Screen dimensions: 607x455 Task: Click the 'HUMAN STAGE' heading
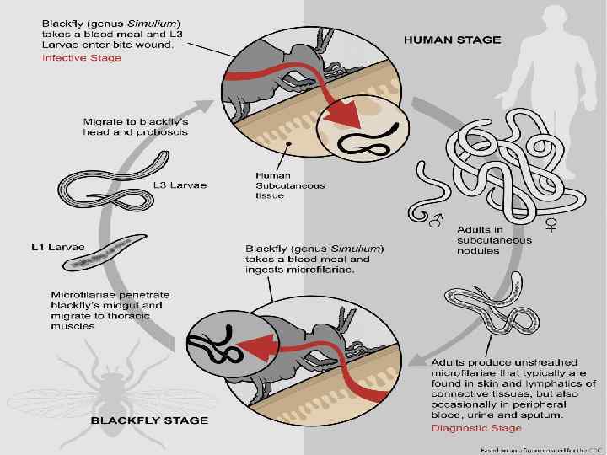click(x=453, y=39)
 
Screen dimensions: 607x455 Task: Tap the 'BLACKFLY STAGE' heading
click(x=149, y=420)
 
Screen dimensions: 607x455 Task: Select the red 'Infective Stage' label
click(x=82, y=58)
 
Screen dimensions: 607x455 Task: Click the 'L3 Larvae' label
click(x=180, y=185)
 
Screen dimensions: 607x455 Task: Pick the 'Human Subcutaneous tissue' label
click(x=278, y=185)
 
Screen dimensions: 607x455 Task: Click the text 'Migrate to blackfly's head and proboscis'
click(x=135, y=128)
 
